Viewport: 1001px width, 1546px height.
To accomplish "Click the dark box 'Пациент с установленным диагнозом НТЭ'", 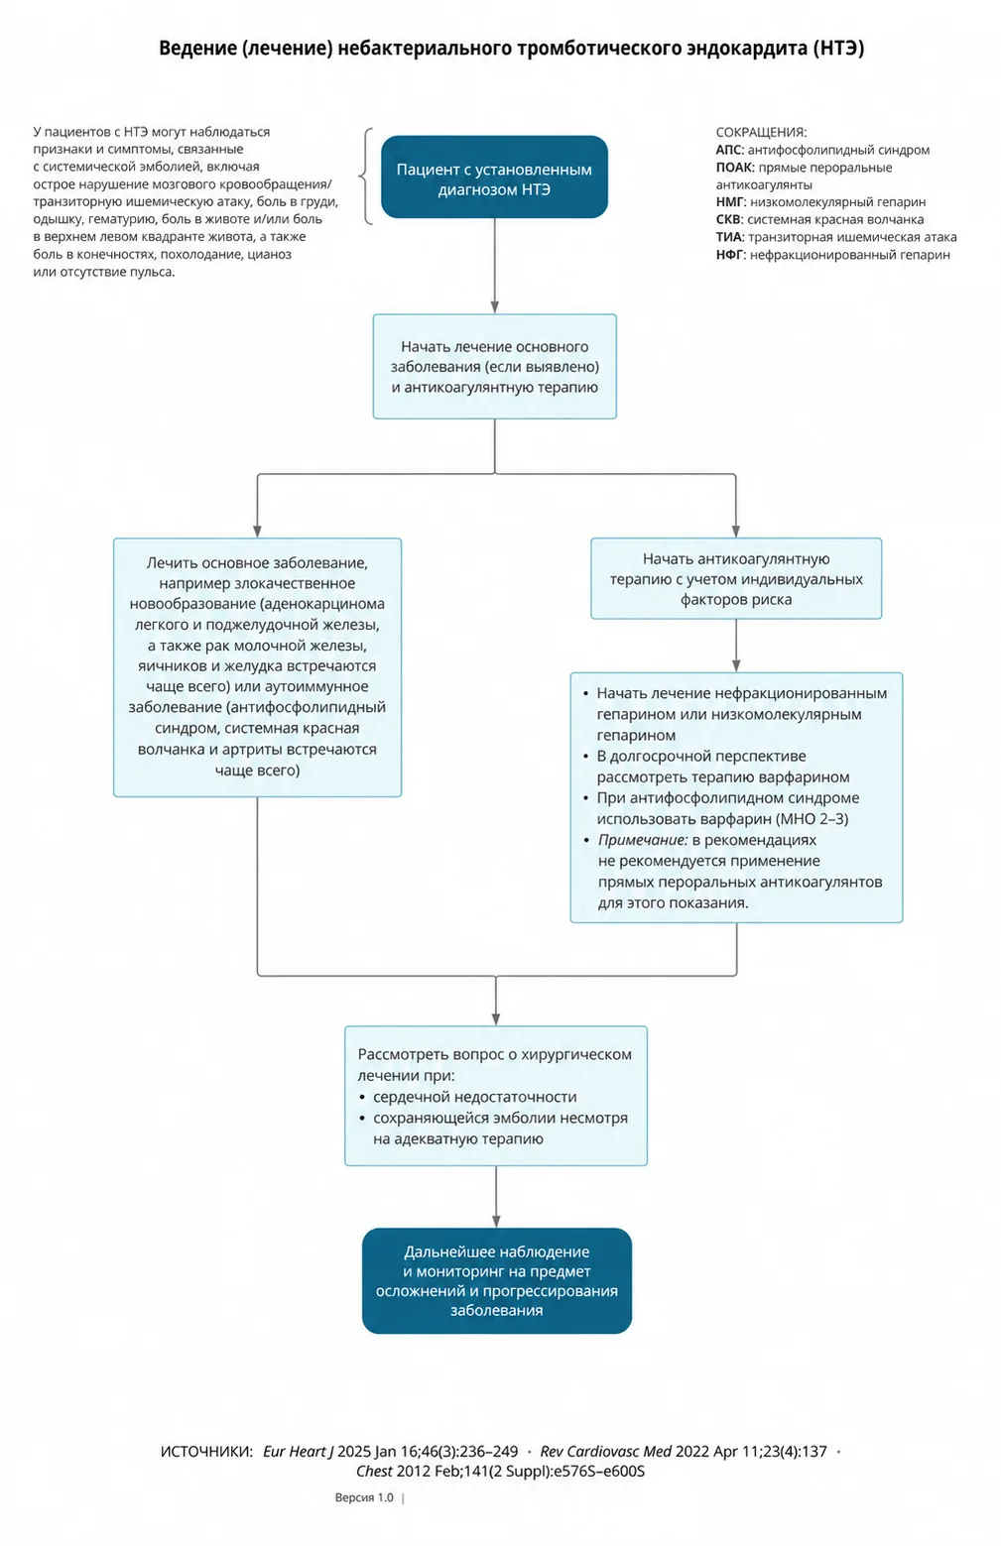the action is (x=494, y=177).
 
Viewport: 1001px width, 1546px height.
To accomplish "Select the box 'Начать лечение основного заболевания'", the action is (x=494, y=367).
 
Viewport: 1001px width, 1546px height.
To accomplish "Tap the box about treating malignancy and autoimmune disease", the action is (x=257, y=667).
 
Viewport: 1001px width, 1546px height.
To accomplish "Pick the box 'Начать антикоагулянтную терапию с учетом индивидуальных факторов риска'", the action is (x=736, y=578).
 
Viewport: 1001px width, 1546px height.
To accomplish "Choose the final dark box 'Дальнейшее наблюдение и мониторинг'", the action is (x=496, y=1280).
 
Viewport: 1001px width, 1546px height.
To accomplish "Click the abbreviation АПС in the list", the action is (x=730, y=150).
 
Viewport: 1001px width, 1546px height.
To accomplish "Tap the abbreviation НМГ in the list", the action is (x=730, y=202).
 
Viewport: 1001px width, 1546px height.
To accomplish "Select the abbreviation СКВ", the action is (x=729, y=219).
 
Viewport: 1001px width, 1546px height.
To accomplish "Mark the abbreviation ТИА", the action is (x=730, y=237).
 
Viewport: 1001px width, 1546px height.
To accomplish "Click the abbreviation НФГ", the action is (x=730, y=255).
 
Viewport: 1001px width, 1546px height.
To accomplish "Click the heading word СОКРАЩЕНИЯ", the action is (x=761, y=133).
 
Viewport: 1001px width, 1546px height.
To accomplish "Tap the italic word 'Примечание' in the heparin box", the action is (x=643, y=841).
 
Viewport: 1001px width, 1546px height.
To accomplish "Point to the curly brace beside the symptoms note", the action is (x=366, y=177).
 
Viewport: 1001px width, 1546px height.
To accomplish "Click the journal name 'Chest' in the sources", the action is (x=374, y=1472).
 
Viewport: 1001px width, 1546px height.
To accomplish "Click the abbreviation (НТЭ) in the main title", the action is (x=838, y=49).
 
